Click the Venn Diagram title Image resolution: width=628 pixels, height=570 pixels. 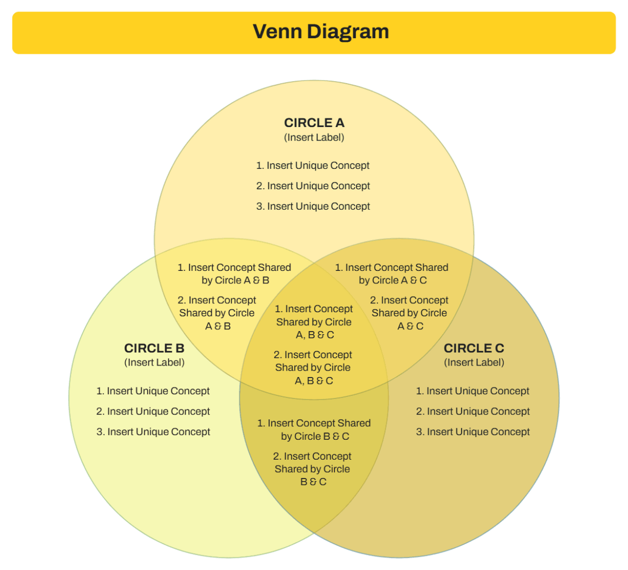pyautogui.click(x=321, y=31)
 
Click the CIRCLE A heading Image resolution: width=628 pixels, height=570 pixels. pyautogui.click(x=314, y=123)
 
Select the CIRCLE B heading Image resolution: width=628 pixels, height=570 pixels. pyautogui.click(x=154, y=348)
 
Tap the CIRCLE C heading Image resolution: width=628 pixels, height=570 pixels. pyautogui.click(x=474, y=348)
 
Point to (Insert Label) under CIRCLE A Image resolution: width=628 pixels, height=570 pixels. pyautogui.click(x=314, y=138)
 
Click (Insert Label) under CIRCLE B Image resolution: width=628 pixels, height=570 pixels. pyautogui.click(x=154, y=362)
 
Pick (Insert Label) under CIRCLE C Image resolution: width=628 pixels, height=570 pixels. pyautogui.click(x=474, y=362)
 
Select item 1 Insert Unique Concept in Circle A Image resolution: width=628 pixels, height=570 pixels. pyautogui.click(x=313, y=166)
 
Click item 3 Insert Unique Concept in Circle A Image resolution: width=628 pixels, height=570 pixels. pyautogui.click(x=313, y=207)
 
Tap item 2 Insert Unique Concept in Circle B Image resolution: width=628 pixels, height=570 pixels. pyautogui.click(x=153, y=412)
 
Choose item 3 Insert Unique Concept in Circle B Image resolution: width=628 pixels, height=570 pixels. pyautogui.click(x=153, y=432)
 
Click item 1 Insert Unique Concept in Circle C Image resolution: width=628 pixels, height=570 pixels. pyautogui.click(x=473, y=391)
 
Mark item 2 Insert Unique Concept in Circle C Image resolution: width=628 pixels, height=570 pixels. pyautogui.click(x=473, y=412)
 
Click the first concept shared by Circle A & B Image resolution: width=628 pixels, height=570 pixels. pyautogui.click(x=234, y=274)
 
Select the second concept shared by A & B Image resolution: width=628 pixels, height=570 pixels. pyautogui.click(x=217, y=313)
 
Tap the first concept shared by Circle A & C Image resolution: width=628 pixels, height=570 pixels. pyautogui.click(x=392, y=274)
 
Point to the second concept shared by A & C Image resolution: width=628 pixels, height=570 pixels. pyautogui.click(x=409, y=313)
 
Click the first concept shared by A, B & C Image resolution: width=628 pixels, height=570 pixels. pyautogui.click(x=314, y=322)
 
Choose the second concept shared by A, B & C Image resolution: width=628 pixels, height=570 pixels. pyautogui.click(x=313, y=368)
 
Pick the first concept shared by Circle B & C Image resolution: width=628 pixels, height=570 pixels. pyautogui.click(x=314, y=430)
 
